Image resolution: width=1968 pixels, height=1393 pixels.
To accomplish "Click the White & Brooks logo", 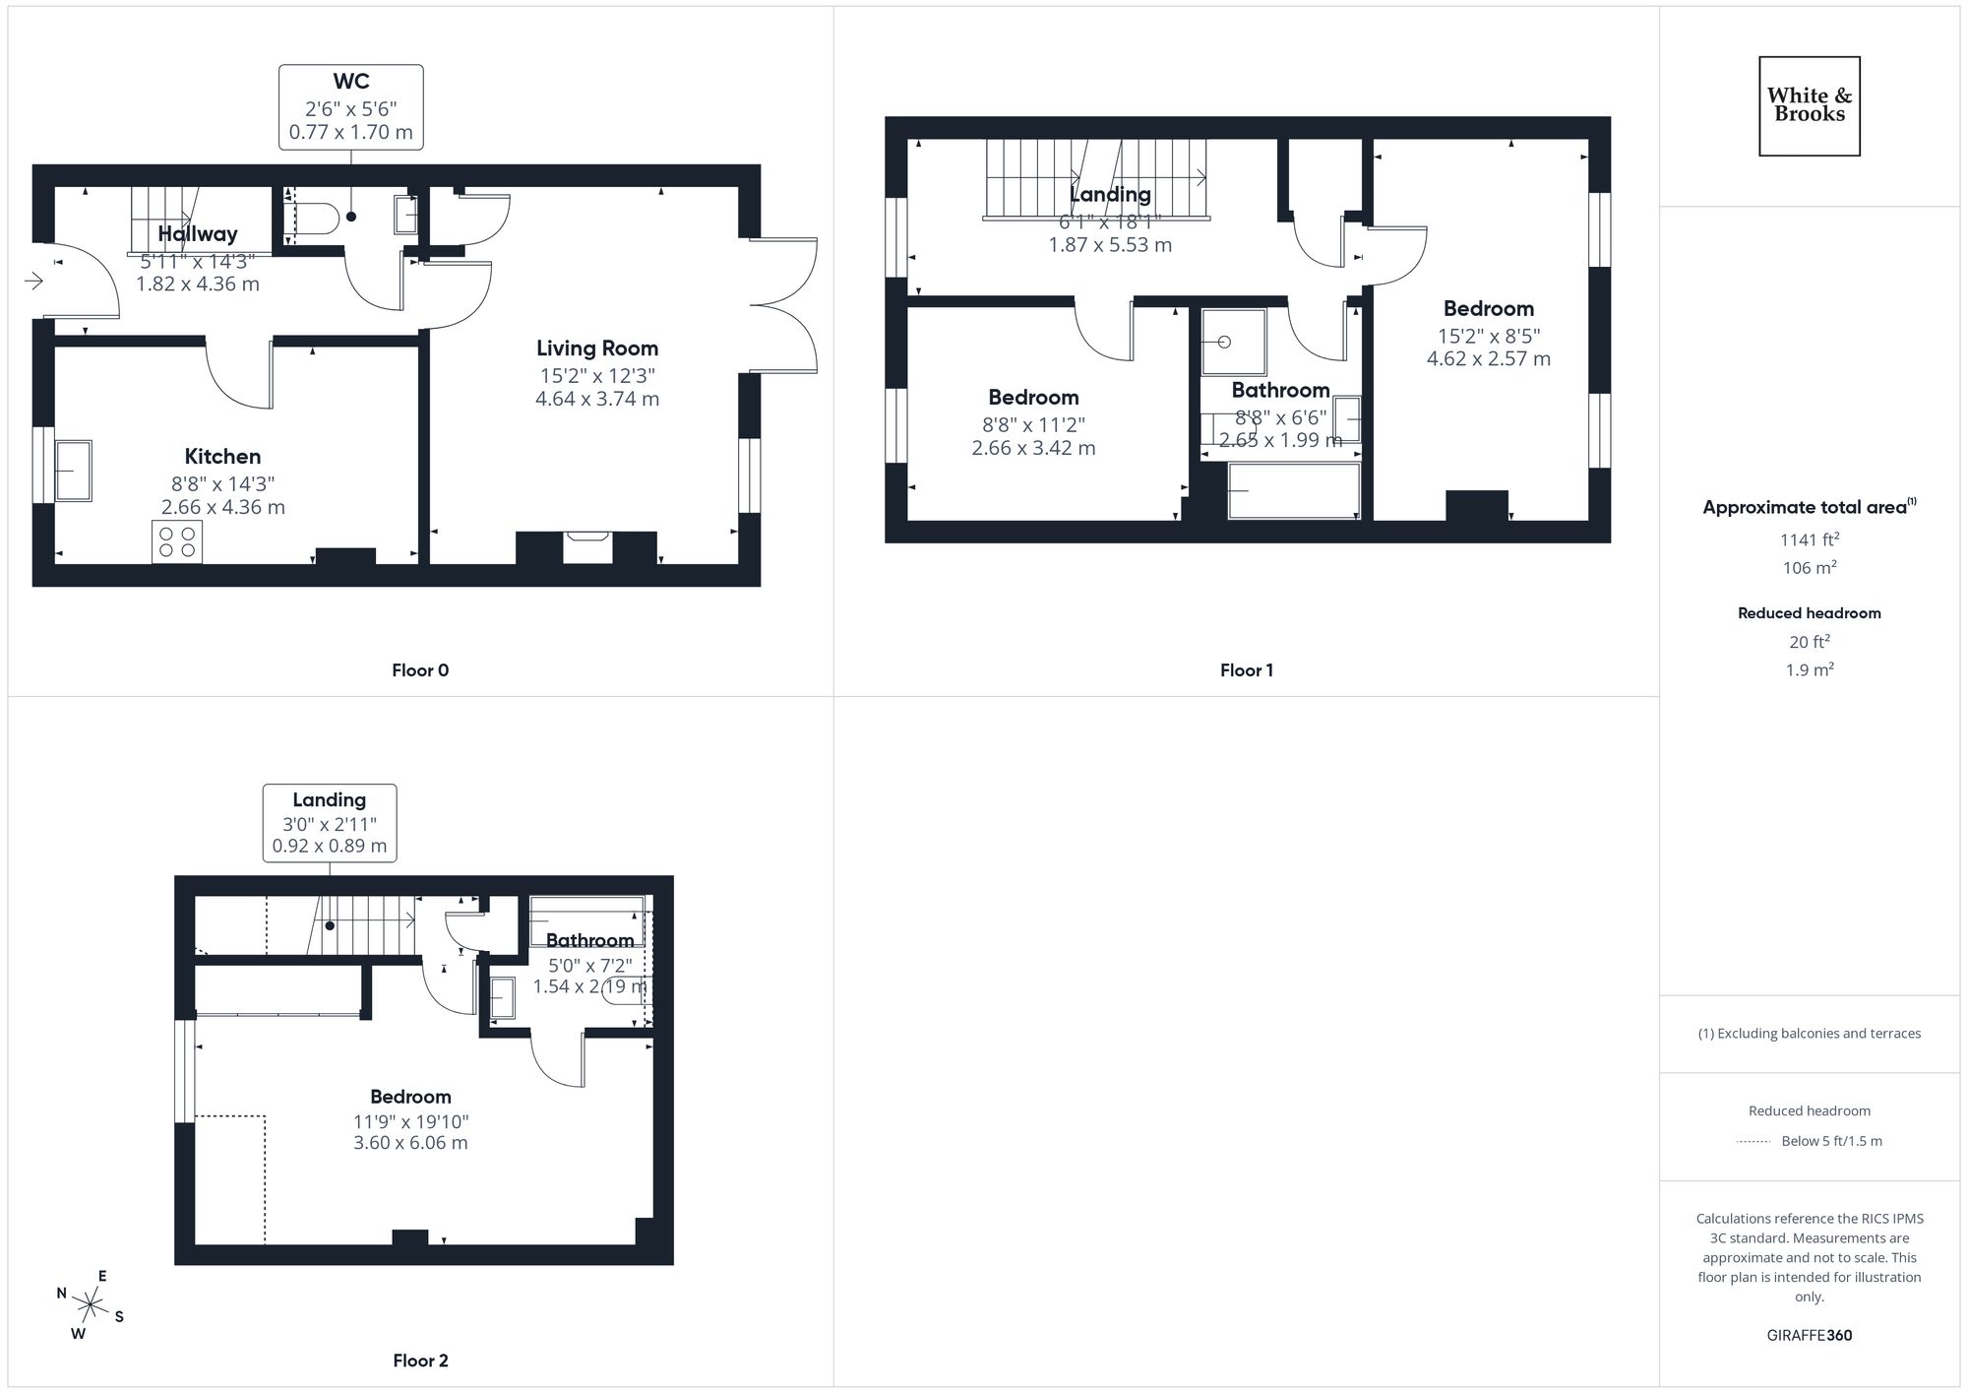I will click(x=1809, y=105).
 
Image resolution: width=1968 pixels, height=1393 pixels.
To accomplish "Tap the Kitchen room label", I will click(x=222, y=456).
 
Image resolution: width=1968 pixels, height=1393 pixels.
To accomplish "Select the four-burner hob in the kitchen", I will click(x=177, y=541).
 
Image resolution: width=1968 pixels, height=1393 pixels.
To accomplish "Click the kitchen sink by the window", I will click(x=73, y=471).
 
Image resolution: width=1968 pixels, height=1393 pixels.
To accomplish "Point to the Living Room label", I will click(x=596, y=348).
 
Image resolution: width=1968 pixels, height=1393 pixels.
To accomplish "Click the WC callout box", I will click(x=350, y=106).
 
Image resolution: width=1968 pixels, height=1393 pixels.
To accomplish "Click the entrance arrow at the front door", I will click(x=33, y=282).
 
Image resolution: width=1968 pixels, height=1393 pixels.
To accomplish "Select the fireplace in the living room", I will click(x=587, y=546).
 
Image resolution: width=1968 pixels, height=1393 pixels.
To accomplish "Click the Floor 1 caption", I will click(x=1246, y=670).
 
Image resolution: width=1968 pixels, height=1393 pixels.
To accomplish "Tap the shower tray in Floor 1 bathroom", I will click(x=1233, y=342).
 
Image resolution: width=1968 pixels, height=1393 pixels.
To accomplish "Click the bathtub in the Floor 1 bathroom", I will click(x=1293, y=489).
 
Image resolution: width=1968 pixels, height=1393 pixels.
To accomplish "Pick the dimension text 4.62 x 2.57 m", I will click(x=1488, y=359).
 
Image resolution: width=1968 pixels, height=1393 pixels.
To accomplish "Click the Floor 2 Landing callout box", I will click(x=329, y=822).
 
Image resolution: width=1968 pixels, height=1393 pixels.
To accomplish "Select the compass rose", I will click(x=90, y=1305).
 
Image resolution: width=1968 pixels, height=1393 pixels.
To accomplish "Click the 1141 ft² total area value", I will click(x=1809, y=539).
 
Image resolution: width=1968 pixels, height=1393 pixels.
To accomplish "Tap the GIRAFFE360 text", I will click(x=1809, y=1335).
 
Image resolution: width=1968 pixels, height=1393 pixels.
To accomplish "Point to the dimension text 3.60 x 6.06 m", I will click(x=410, y=1143).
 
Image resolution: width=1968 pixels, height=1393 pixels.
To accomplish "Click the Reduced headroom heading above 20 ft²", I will click(x=1809, y=613).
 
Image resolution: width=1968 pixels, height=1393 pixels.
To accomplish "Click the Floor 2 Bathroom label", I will click(x=589, y=940).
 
